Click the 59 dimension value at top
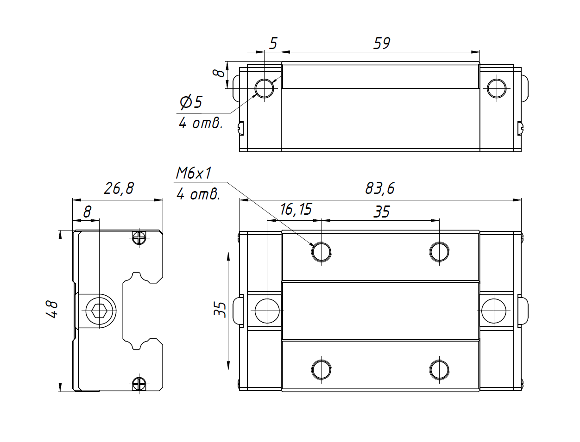pyautogui.click(x=382, y=43)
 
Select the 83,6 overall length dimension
pyautogui.click(x=380, y=188)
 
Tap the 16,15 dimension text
pyautogui.click(x=296, y=209)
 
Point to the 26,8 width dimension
pyautogui.click(x=119, y=188)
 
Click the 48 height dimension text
pyautogui.click(x=52, y=309)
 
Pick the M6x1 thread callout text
pyautogui.click(x=194, y=173)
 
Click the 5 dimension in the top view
pyautogui.click(x=273, y=43)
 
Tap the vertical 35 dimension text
pyautogui.click(x=221, y=309)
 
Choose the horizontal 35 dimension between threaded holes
pyautogui.click(x=382, y=212)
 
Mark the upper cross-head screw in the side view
pyautogui.click(x=139, y=238)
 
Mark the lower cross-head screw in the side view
pyautogui.click(x=139, y=383)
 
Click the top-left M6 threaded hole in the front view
pyautogui.click(x=322, y=252)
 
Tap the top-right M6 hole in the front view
pyautogui.click(x=439, y=252)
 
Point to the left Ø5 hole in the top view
pyautogui.click(x=265, y=88)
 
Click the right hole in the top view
pyautogui.click(x=497, y=88)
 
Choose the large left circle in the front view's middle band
pyautogui.click(x=267, y=311)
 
